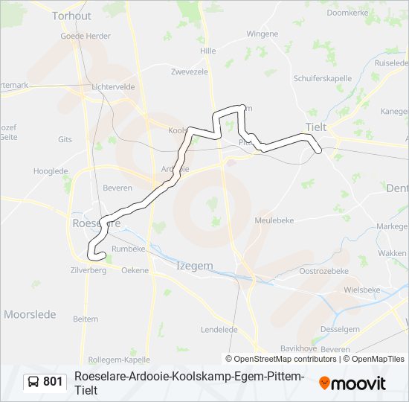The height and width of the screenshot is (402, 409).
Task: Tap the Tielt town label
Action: tap(316, 127)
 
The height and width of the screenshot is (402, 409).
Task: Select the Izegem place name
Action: tap(194, 266)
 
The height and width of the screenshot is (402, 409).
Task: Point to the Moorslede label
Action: tap(30, 314)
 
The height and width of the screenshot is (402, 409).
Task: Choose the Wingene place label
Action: tap(262, 33)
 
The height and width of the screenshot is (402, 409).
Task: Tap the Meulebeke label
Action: tap(274, 220)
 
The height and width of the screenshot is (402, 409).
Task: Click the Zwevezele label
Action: tap(190, 72)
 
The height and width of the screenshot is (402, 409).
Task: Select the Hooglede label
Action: tap(51, 170)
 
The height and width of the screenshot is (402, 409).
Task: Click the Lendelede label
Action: tap(219, 329)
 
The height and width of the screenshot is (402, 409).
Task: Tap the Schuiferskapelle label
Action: tap(321, 77)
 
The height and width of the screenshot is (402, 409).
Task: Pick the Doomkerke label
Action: tap(348, 13)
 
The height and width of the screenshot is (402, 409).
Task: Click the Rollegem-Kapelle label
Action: tap(114, 359)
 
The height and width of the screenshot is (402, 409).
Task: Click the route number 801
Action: tap(53, 382)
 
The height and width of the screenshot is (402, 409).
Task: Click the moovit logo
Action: tap(352, 383)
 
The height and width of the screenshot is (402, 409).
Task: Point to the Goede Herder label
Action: tap(86, 35)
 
